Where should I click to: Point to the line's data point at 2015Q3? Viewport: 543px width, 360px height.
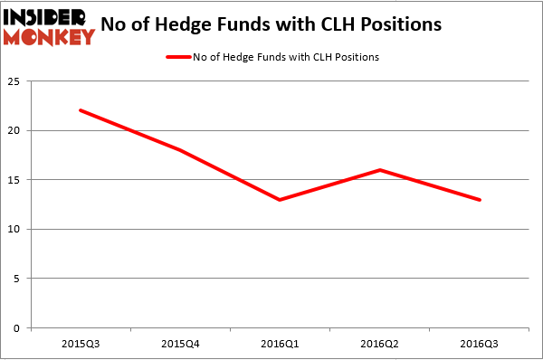81,110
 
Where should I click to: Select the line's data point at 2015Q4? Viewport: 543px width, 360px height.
180,150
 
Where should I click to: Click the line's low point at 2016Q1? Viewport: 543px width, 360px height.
280,199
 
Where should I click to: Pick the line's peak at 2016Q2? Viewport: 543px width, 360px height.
380,170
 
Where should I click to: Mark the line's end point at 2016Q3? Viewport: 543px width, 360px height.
480,199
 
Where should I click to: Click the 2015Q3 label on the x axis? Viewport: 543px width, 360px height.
81,343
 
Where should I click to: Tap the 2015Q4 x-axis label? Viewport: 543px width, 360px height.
180,343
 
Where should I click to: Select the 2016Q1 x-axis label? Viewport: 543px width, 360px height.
280,343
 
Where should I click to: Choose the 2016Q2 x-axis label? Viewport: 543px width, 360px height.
380,343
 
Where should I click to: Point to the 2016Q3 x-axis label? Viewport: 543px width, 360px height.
480,343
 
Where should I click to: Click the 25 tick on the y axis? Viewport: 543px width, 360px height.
16,81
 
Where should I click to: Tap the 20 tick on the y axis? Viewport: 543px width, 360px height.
16,130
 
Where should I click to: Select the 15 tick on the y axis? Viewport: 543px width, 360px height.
16,180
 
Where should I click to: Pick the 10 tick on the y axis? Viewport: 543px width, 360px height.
16,229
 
